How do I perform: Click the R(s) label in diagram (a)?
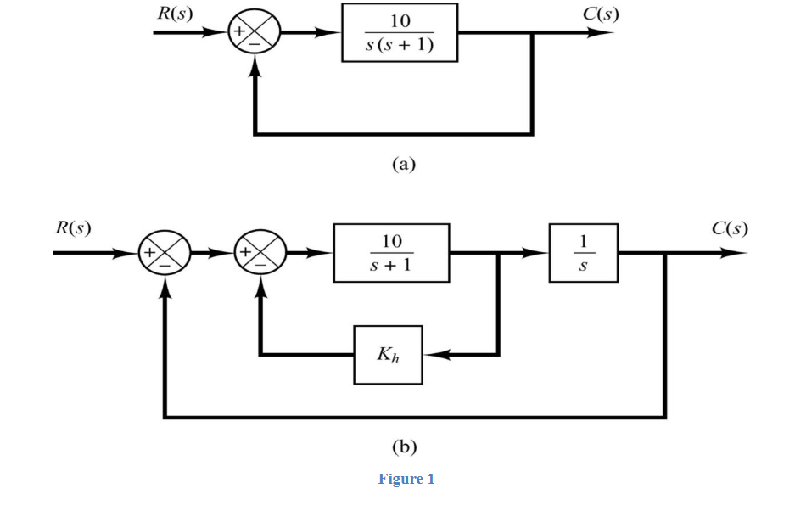coord(174,13)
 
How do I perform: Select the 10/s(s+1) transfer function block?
coord(400,32)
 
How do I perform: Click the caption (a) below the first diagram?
coord(403,164)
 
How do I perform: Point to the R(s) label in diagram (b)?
coord(74,227)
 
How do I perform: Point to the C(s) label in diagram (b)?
coord(730,227)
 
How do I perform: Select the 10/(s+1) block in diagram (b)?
coord(391,253)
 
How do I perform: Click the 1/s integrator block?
coord(583,253)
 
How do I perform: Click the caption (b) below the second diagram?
coord(403,446)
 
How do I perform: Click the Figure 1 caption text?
coord(406,479)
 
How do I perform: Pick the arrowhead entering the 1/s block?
coord(538,253)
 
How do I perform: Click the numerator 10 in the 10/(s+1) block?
coord(391,241)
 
